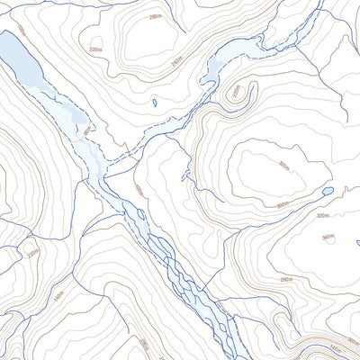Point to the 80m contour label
click(87, 131)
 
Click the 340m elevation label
click(328, 238)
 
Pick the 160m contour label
click(139, 190)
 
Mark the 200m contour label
click(143, 345)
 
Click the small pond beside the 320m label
click(328, 191)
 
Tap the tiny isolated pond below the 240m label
click(155, 103)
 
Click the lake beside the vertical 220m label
click(219, 67)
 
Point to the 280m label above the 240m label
click(156, 16)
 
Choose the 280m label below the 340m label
click(287, 281)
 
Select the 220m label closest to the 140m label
click(33, 253)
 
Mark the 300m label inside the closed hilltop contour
click(283, 166)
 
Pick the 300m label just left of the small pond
click(283, 204)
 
